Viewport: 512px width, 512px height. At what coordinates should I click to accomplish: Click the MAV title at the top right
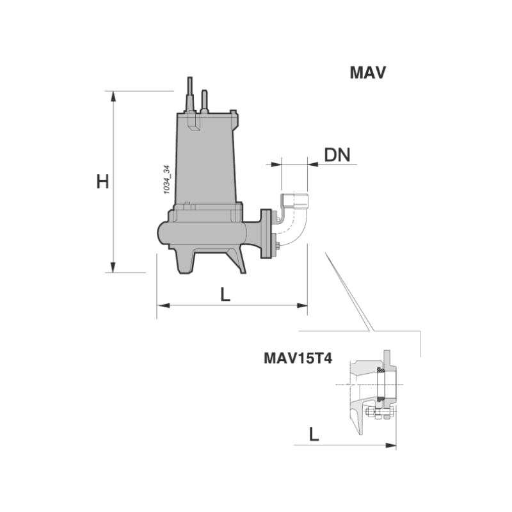pyautogui.click(x=367, y=72)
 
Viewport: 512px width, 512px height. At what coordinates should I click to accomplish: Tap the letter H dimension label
pyautogui.click(x=102, y=182)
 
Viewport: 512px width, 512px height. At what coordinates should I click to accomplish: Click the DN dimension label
pyautogui.click(x=337, y=155)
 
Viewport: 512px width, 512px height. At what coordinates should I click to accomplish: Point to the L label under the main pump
pyautogui.click(x=225, y=294)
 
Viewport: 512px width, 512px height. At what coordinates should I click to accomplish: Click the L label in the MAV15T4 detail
pyautogui.click(x=314, y=435)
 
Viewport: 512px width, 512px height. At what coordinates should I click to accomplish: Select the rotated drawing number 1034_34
pyautogui.click(x=166, y=180)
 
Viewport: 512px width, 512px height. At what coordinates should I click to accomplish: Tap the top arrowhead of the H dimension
pyautogui.click(x=114, y=97)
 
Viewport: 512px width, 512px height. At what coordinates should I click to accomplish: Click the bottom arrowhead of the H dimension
pyautogui.click(x=114, y=267)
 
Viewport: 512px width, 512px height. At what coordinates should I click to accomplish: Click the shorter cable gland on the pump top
pyautogui.click(x=205, y=100)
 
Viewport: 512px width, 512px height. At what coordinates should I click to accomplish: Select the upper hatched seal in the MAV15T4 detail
pyautogui.click(x=380, y=371)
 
